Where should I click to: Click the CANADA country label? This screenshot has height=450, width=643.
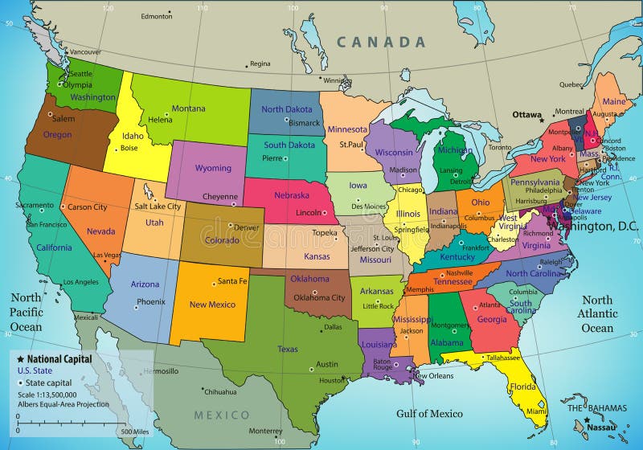click(x=380, y=42)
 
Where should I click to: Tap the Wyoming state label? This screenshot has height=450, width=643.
click(x=213, y=169)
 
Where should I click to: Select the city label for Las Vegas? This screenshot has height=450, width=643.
click(x=106, y=255)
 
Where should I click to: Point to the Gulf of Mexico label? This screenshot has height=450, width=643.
click(x=429, y=414)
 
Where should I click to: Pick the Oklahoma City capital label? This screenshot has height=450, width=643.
click(x=319, y=297)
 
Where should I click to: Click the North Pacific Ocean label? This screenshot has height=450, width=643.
click(x=26, y=312)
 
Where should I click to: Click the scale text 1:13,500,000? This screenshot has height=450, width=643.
click(x=47, y=394)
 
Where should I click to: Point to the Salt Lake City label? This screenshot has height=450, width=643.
click(x=158, y=207)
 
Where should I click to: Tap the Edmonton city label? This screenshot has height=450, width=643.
click(x=156, y=16)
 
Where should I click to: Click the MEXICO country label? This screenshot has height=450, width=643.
click(x=222, y=415)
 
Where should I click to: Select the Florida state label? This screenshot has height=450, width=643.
click(x=522, y=387)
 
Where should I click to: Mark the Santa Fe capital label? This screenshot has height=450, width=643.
click(x=232, y=281)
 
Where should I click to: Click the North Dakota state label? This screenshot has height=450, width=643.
click(x=287, y=109)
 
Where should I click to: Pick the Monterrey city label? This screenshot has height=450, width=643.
click(x=265, y=431)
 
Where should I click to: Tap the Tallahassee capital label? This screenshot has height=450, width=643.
click(x=503, y=358)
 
